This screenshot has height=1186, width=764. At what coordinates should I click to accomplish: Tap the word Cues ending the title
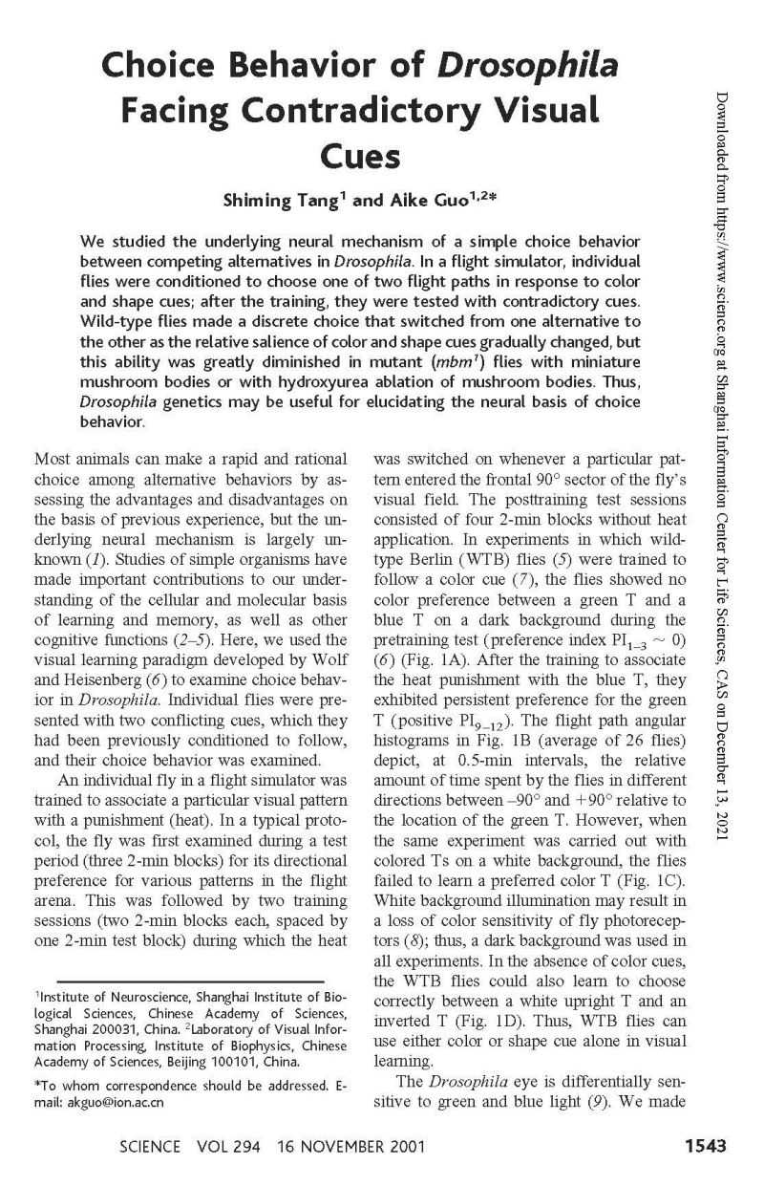(360, 155)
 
